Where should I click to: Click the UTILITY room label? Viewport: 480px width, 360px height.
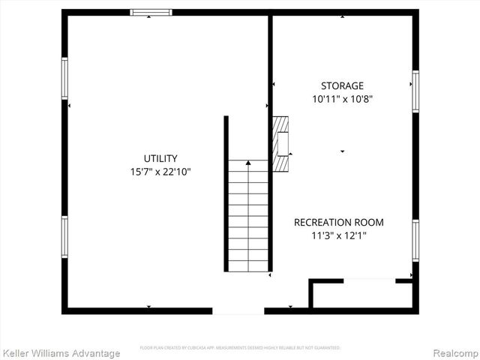tap(160, 158)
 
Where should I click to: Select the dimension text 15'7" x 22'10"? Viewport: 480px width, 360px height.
tap(160, 172)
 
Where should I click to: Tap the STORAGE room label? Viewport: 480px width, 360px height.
tap(342, 85)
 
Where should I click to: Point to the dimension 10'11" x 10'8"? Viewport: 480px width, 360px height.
tap(342, 98)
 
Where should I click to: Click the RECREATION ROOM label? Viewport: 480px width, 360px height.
tap(338, 222)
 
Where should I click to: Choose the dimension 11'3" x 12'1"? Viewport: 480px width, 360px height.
tap(338, 235)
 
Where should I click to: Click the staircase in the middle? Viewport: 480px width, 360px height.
tap(248, 217)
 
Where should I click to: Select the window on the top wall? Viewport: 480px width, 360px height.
tap(151, 12)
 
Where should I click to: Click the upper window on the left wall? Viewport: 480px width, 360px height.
tap(65, 78)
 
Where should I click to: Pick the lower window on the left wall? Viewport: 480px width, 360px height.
tap(65, 237)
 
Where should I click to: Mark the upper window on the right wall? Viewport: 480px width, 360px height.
tap(415, 91)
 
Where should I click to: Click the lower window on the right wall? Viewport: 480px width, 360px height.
tap(415, 240)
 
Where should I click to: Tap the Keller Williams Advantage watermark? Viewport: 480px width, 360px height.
tap(61, 353)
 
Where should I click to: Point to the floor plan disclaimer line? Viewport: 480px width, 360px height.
tap(240, 348)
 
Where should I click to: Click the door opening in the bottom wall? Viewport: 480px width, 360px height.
tap(238, 310)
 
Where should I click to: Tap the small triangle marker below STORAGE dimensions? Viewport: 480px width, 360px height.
tap(343, 151)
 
